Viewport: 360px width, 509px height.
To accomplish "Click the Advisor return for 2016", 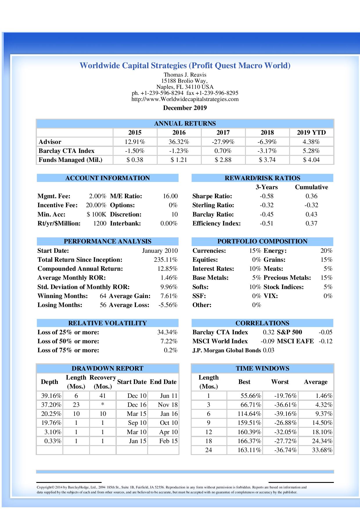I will click(x=179, y=142).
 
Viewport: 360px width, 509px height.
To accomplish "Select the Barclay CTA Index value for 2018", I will click(x=267, y=151).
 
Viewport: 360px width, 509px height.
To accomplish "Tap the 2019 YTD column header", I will click(x=311, y=133).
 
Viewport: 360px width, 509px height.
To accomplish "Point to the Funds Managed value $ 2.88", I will click(x=223, y=160).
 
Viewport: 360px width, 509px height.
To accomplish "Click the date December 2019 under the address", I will click(x=185, y=108).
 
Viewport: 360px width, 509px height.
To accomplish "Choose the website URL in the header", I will click(x=185, y=99).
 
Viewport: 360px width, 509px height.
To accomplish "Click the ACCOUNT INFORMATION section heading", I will click(x=107, y=178).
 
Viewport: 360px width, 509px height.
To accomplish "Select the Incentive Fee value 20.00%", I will click(x=96, y=205).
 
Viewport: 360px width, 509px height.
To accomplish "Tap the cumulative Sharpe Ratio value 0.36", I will click(x=311, y=196).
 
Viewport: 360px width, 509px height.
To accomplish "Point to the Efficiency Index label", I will click(x=216, y=223).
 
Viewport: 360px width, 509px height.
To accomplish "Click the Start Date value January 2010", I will click(x=160, y=251).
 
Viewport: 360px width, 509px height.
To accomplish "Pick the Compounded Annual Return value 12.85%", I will click(x=167, y=269).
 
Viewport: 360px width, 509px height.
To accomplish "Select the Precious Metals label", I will click(x=287, y=278).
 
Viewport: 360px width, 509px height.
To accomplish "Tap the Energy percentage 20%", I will click(x=326, y=251).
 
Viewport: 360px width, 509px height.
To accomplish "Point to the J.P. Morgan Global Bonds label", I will click(x=226, y=350).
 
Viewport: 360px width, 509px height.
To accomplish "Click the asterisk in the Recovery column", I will click(x=102, y=405).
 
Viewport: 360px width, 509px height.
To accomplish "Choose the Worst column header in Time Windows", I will click(x=280, y=382).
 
